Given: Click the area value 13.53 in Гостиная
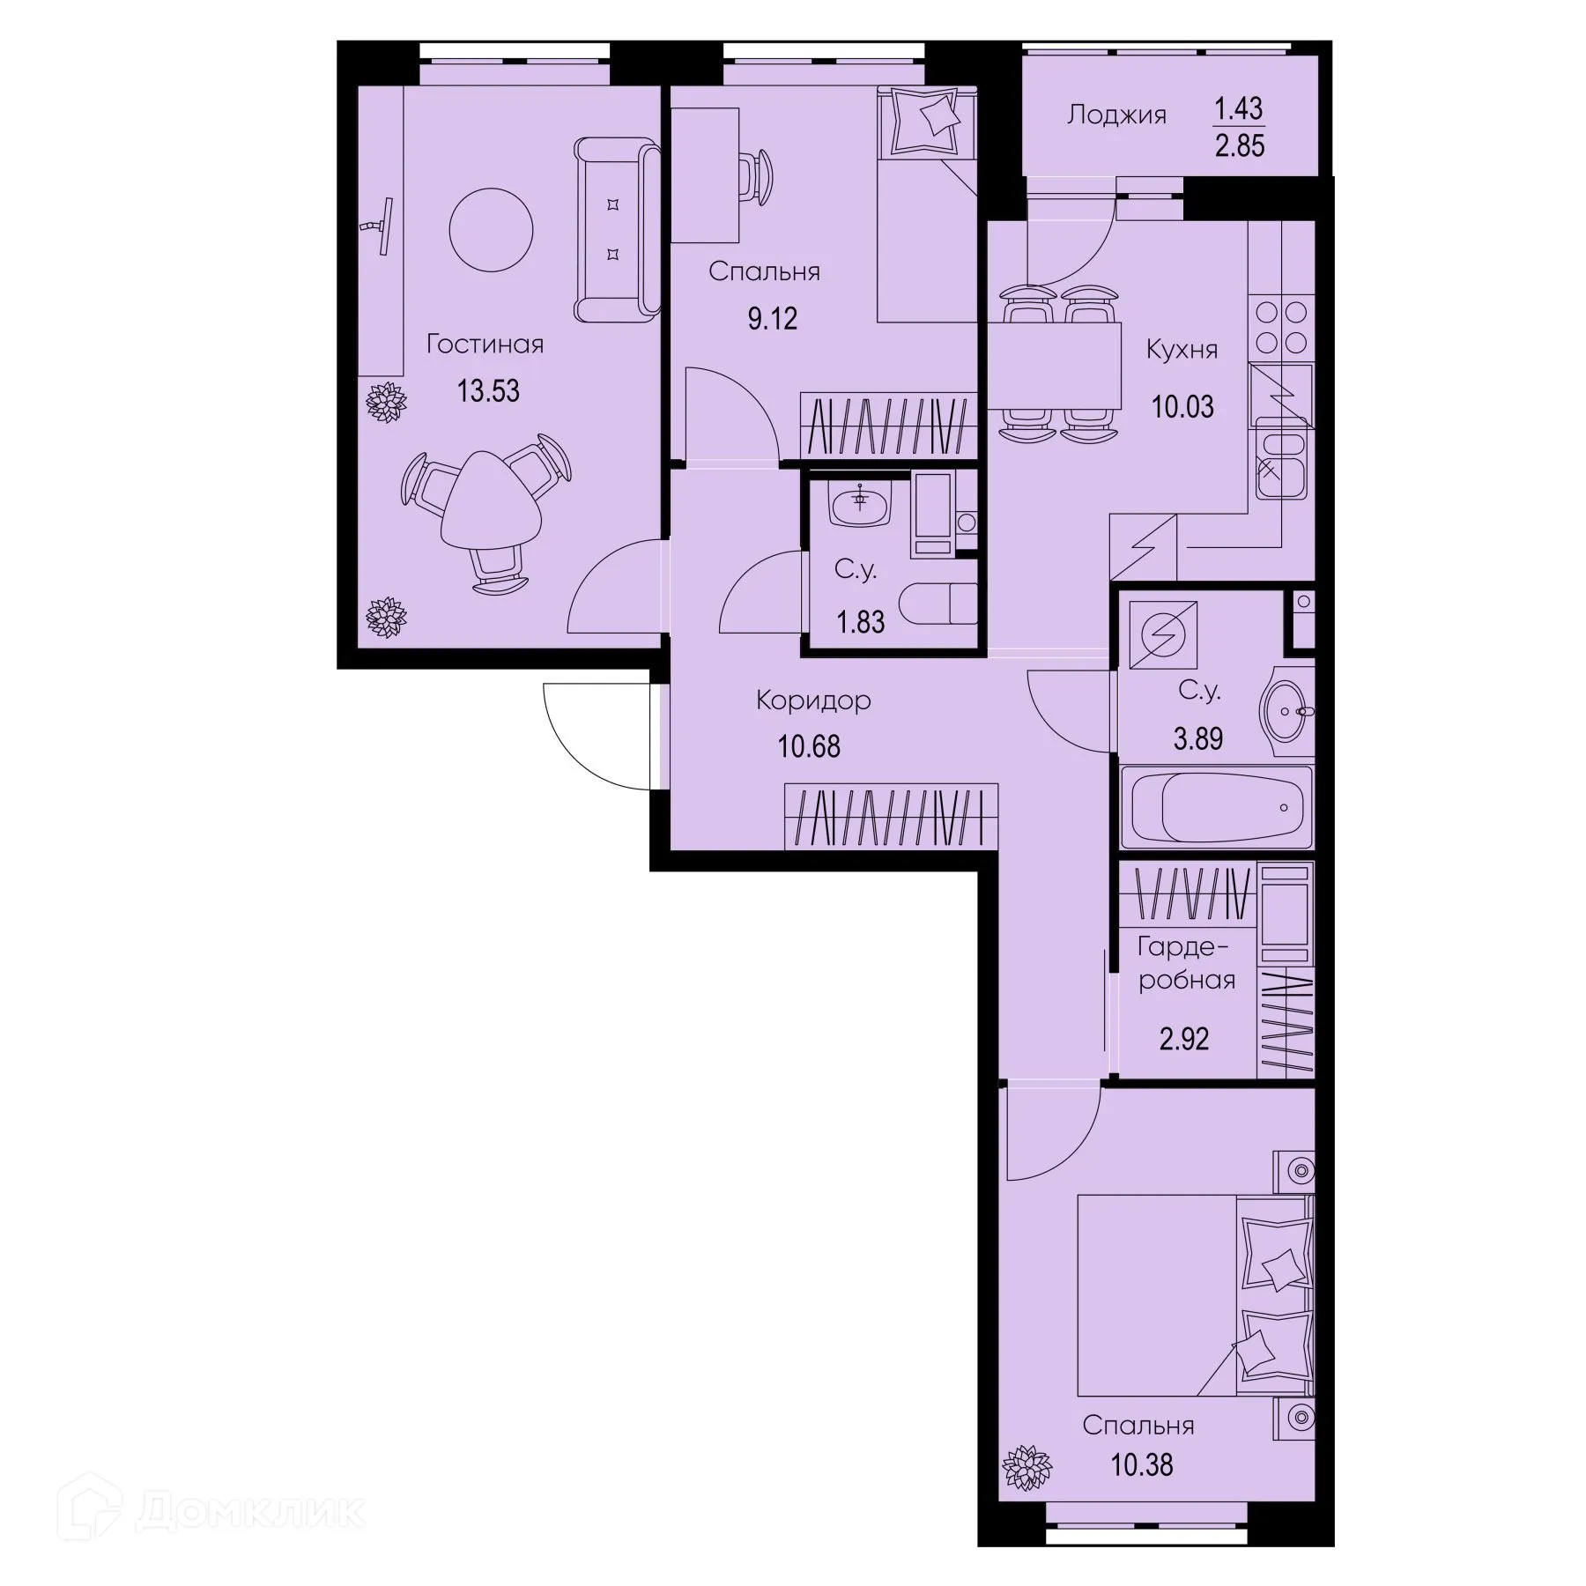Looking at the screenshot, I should click(488, 390).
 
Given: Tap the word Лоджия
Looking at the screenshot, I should click(1116, 115).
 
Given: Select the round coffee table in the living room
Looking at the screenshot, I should click(491, 230).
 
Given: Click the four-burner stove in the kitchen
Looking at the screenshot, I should click(1280, 326).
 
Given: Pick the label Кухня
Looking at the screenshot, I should click(1182, 350).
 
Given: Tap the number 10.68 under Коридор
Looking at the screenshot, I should click(808, 746).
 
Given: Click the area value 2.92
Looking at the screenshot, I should click(1183, 1039).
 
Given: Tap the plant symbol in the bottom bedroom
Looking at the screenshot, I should click(1027, 1467).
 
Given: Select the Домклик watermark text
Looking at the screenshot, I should click(250, 1512).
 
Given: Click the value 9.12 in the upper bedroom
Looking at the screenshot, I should click(772, 318).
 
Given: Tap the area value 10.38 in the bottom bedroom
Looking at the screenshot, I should click(1141, 1465).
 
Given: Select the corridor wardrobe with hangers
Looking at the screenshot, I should click(890, 817).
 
